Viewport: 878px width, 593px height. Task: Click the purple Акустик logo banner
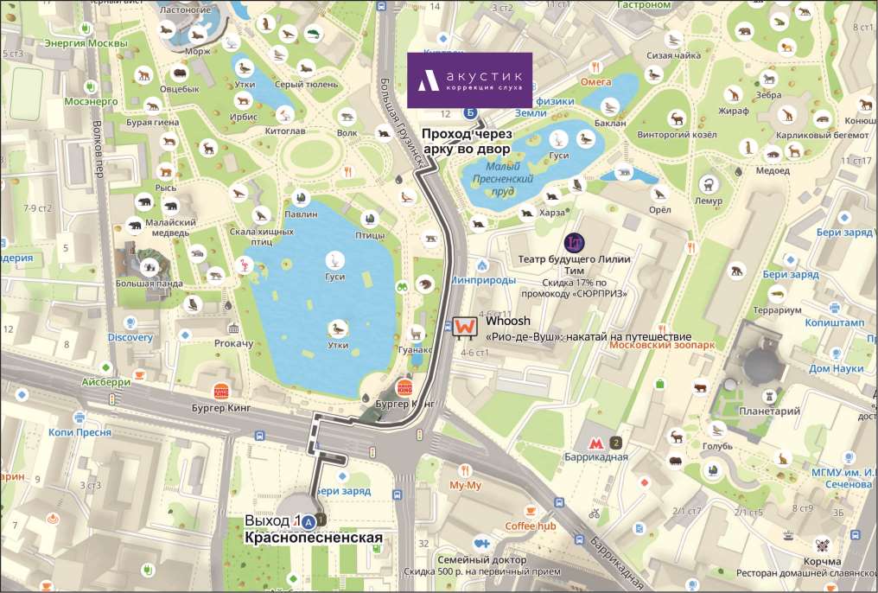point(469,80)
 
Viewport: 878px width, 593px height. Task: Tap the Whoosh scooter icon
point(464,327)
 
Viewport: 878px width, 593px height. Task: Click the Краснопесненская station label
point(313,538)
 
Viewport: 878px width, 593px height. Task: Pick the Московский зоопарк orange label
point(662,344)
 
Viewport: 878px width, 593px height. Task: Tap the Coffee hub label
point(530,526)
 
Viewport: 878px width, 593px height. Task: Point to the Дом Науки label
point(836,368)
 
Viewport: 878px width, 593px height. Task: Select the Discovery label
point(130,337)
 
